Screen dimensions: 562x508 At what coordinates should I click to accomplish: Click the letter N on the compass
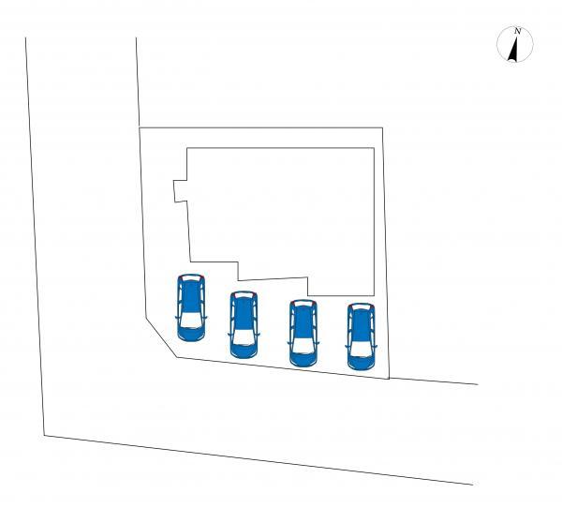[517, 31]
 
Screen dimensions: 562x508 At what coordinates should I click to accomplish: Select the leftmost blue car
[191, 307]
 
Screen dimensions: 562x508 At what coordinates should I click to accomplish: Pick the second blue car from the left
[244, 324]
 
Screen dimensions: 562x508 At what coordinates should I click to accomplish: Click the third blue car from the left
[303, 333]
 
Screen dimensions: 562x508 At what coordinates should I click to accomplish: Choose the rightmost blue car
[362, 336]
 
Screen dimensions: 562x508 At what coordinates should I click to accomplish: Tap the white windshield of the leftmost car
[191, 320]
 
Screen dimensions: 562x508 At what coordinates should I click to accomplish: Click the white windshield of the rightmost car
[362, 349]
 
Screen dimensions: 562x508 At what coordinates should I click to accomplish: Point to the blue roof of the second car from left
[244, 313]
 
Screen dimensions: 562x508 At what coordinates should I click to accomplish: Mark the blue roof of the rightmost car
[362, 324]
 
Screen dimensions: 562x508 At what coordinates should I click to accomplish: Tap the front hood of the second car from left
[244, 351]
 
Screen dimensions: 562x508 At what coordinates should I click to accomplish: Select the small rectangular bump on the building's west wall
[180, 191]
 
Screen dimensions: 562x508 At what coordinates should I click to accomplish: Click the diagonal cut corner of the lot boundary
[161, 337]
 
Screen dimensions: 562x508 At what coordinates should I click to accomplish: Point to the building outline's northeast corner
[374, 148]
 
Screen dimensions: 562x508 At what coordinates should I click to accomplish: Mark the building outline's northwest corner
[187, 148]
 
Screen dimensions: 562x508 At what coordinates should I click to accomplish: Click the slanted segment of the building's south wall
[274, 278]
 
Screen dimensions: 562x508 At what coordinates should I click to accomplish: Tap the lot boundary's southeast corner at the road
[390, 379]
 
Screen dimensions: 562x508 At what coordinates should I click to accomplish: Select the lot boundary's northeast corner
[383, 127]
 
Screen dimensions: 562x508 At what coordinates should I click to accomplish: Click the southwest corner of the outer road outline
[44, 436]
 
